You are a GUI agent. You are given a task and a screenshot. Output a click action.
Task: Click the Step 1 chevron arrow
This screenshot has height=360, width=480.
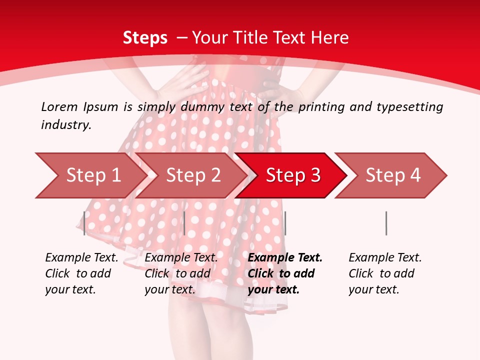(x=92, y=175)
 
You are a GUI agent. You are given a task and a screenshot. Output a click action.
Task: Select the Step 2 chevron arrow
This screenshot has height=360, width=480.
(x=193, y=175)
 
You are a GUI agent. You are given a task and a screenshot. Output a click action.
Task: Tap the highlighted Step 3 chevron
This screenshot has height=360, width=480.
(x=292, y=175)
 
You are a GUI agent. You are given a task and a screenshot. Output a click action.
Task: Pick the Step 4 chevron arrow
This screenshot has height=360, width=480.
(x=392, y=175)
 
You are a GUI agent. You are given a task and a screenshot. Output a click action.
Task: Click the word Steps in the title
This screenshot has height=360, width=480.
(x=145, y=37)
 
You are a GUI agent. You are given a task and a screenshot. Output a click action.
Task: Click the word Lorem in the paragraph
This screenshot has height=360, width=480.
(x=59, y=106)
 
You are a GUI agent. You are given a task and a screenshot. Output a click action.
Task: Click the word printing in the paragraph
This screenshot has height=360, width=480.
(x=321, y=106)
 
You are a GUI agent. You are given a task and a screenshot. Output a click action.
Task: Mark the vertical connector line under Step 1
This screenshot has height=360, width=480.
(x=84, y=223)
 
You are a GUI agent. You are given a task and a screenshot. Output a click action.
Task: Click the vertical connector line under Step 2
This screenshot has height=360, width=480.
(x=184, y=223)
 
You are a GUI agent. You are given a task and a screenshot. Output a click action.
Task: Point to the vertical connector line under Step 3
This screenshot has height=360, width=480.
(x=285, y=223)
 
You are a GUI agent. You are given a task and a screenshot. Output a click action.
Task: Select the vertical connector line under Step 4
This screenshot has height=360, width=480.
(x=386, y=223)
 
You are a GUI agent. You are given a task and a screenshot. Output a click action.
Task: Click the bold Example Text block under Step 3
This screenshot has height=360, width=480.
(x=285, y=273)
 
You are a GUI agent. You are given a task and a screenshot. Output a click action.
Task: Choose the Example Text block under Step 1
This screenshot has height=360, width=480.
(x=81, y=273)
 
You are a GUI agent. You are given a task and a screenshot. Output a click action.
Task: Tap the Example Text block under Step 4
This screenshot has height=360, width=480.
(x=385, y=273)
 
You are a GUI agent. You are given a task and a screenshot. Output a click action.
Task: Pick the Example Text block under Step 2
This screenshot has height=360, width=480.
(x=181, y=273)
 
